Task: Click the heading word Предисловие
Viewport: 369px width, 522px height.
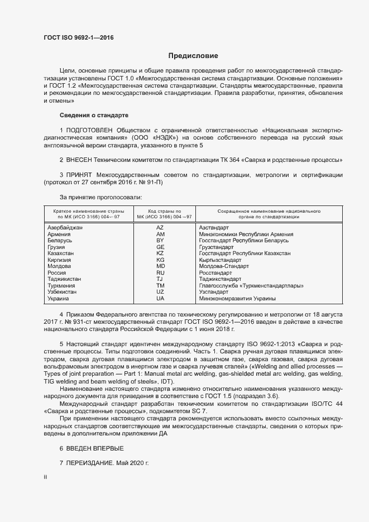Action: (193, 56)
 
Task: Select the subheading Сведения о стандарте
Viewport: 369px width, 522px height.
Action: (94, 115)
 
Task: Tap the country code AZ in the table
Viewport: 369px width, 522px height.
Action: (160, 228)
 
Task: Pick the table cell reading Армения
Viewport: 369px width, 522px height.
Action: (59, 234)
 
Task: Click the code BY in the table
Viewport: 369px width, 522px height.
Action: (160, 240)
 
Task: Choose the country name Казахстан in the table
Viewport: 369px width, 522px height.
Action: (61, 253)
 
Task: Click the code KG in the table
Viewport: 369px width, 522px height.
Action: (160, 260)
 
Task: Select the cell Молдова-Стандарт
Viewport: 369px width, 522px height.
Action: (224, 266)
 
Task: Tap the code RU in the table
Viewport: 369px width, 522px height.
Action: (160, 273)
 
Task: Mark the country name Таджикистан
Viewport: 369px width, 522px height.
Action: (65, 279)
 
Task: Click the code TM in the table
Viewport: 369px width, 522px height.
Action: (160, 286)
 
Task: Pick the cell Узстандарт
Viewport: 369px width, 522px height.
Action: (214, 292)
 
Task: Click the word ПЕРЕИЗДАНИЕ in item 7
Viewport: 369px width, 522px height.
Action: (90, 464)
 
